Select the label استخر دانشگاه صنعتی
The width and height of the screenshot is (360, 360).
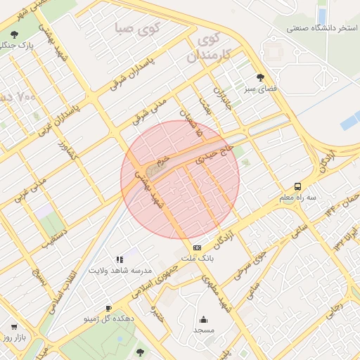322,28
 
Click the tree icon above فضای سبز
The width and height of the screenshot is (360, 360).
261,77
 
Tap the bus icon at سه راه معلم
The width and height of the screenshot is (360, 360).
298,186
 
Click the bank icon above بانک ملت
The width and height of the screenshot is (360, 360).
197,247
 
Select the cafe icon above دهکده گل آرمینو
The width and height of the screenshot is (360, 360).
108,308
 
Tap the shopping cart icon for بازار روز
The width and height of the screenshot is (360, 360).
14,327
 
